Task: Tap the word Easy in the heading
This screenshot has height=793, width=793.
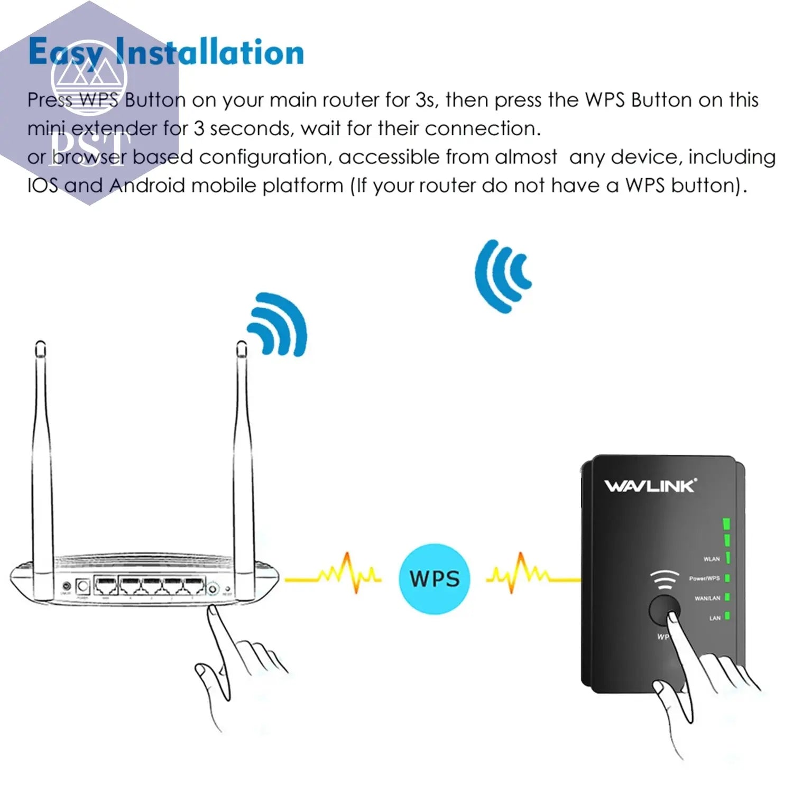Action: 66,53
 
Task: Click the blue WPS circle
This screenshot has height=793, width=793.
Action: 435,579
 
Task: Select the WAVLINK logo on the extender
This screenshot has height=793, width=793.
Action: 650,486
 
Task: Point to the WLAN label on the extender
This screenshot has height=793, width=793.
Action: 711,559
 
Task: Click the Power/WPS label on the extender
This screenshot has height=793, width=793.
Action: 704,578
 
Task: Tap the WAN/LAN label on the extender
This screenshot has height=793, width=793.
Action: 707,598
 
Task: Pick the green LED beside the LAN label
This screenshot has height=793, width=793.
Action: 727,616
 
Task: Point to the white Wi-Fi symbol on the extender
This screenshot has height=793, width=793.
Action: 664,580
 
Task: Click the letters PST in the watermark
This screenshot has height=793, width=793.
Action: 90,150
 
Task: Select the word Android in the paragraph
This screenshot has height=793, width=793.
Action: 147,186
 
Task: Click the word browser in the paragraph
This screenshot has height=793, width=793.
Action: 89,157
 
